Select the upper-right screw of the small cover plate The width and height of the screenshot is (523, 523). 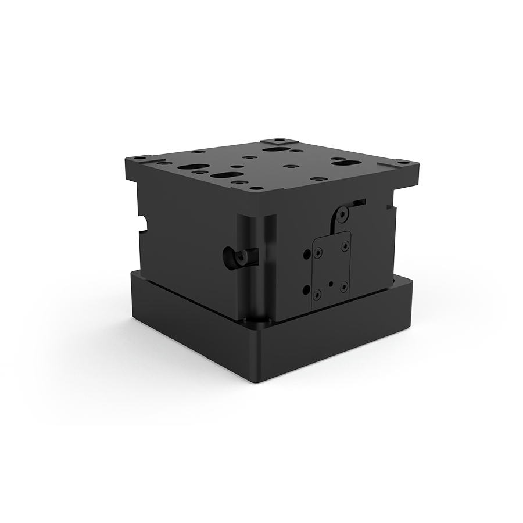click(345, 245)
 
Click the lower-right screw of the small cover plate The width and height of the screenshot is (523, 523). click(343, 285)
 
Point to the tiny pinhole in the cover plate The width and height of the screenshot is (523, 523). click(331, 285)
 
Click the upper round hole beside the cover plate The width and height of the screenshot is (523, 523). click(306, 254)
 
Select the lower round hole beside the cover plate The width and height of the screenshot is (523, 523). click(306, 289)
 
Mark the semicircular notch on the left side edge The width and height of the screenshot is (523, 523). click(142, 221)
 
